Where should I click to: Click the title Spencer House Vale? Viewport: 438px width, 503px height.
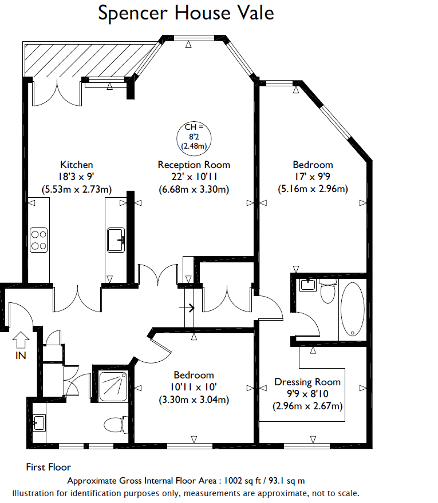point(186,13)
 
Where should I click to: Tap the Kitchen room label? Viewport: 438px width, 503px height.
point(77,165)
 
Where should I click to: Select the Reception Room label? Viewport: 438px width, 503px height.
point(194,165)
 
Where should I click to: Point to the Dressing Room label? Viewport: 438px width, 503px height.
point(307,382)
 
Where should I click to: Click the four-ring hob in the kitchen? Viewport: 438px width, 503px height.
point(38,240)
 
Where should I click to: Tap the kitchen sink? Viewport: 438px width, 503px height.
point(116,240)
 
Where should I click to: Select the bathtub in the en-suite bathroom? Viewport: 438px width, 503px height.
point(353,309)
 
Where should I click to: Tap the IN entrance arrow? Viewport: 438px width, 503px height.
point(21,340)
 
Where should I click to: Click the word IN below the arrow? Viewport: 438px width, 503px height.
point(21,356)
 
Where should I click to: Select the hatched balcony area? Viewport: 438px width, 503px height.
point(87,60)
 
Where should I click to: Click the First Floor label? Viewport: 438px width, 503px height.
point(49,467)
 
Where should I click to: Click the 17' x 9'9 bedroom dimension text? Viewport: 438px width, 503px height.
point(313,177)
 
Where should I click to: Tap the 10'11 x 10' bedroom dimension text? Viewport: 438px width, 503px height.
point(194,387)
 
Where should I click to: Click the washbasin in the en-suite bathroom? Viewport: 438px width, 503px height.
point(307,285)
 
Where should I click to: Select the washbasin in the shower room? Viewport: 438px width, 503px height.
point(39,423)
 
